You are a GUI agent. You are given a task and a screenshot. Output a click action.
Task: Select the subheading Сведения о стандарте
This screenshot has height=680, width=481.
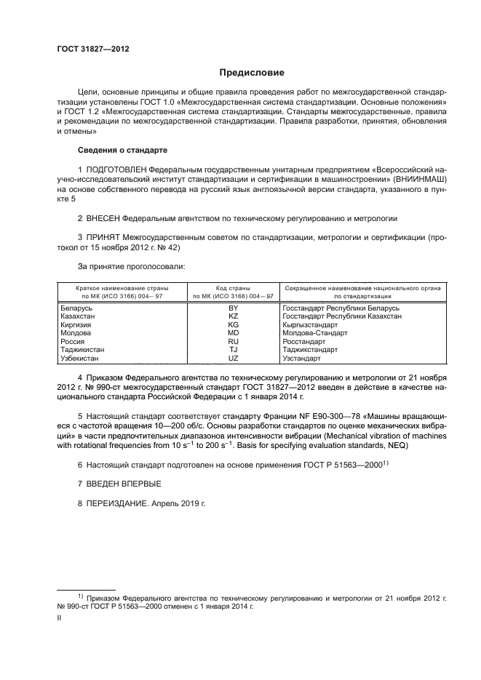[122, 150]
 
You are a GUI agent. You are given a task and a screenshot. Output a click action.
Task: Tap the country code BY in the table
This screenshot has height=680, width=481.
[234, 308]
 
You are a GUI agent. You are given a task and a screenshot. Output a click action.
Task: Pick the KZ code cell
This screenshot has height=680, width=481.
[234, 317]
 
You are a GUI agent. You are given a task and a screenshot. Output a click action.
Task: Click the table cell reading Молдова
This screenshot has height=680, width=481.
[76, 333]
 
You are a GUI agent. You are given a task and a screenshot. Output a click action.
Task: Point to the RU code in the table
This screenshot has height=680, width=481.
[234, 341]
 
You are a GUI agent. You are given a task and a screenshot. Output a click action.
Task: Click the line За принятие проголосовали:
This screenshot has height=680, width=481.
[122, 266]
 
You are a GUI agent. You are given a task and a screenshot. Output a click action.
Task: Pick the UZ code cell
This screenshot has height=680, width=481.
[234, 358]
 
